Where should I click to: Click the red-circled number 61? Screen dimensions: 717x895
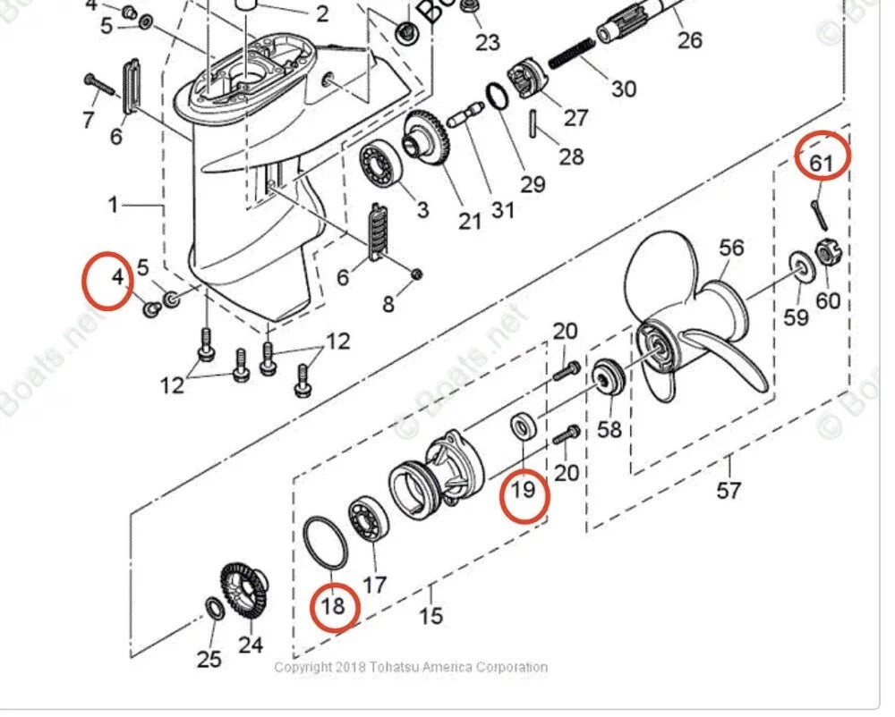(x=822, y=163)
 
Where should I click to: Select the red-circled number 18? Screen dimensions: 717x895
(x=333, y=606)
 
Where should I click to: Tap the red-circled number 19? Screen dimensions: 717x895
(x=523, y=489)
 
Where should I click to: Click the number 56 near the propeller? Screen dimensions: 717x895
(x=732, y=248)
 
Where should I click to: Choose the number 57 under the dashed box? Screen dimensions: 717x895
(x=729, y=490)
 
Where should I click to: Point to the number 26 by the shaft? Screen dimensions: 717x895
(x=689, y=39)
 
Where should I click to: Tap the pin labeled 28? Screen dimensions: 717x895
(x=536, y=123)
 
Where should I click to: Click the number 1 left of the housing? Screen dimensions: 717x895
(x=113, y=205)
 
